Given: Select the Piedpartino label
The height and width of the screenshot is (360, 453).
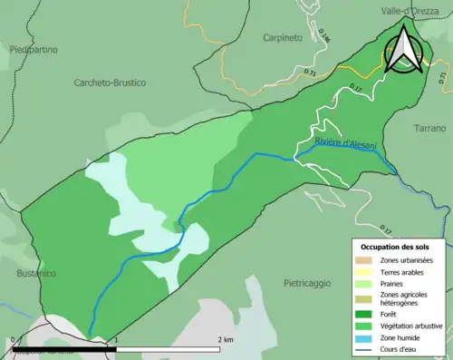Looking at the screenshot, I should click(31, 51).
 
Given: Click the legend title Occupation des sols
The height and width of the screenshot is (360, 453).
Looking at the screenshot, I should click(397, 247).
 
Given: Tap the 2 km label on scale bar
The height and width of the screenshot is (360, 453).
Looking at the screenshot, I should click(226, 339).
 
